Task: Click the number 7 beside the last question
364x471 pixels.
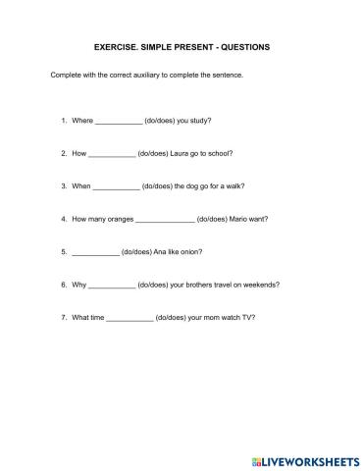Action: coord(62,318)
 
